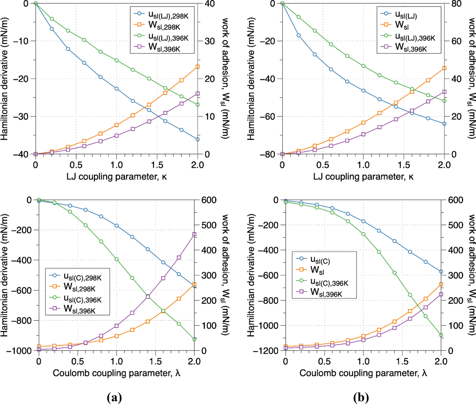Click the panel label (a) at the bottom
coord(114,397)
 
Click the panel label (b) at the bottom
coord(361,397)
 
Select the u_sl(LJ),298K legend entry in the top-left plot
coord(168,15)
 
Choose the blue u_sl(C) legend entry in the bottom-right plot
coord(320,260)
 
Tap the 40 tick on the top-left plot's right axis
coord(209,4)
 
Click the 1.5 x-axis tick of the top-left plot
coord(157,165)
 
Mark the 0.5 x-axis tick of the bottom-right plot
coord(324,361)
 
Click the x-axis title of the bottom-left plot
coord(117,373)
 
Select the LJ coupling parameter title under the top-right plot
coord(363,176)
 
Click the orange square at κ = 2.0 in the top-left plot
coord(198,67)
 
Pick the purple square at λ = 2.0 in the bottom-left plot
coord(194,234)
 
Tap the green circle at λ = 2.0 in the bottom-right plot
coord(441,335)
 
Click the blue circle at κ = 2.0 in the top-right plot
coord(444,124)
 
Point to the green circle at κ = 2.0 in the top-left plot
coord(198,104)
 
